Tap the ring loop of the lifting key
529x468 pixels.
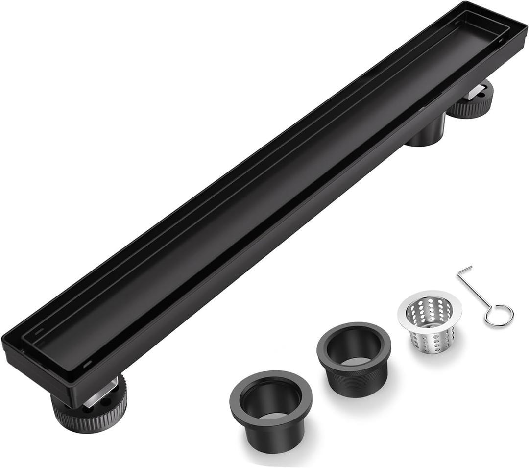tap(499, 315)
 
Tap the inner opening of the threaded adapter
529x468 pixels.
tap(354, 345)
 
